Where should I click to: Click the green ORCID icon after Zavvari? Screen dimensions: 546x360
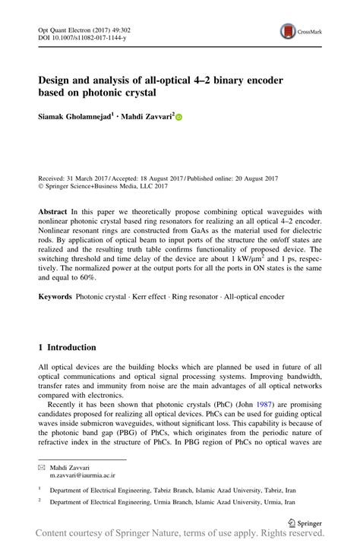tap(180, 116)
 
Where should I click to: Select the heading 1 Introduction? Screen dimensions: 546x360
tap(67, 347)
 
